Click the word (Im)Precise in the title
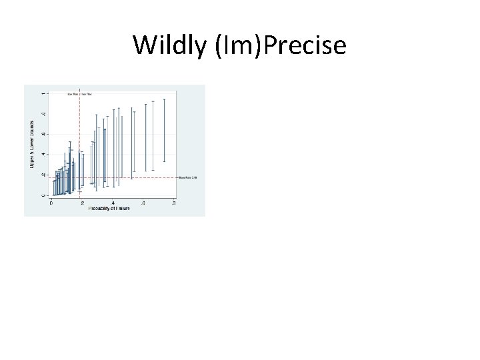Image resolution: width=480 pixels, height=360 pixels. click(x=280, y=45)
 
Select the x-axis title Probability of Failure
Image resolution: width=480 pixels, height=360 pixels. click(x=109, y=209)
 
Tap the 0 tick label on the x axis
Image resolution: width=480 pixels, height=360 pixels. click(x=52, y=203)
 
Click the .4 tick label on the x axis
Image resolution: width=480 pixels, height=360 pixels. click(x=113, y=203)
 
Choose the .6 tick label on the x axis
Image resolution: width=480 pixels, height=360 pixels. click(x=143, y=203)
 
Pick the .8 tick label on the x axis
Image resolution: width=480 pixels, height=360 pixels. click(x=173, y=203)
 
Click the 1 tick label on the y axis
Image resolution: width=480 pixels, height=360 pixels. click(x=45, y=92)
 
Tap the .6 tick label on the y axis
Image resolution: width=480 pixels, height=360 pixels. click(x=45, y=133)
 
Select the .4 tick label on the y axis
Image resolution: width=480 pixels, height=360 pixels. click(x=45, y=154)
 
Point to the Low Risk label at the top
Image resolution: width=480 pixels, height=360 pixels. click(x=72, y=95)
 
